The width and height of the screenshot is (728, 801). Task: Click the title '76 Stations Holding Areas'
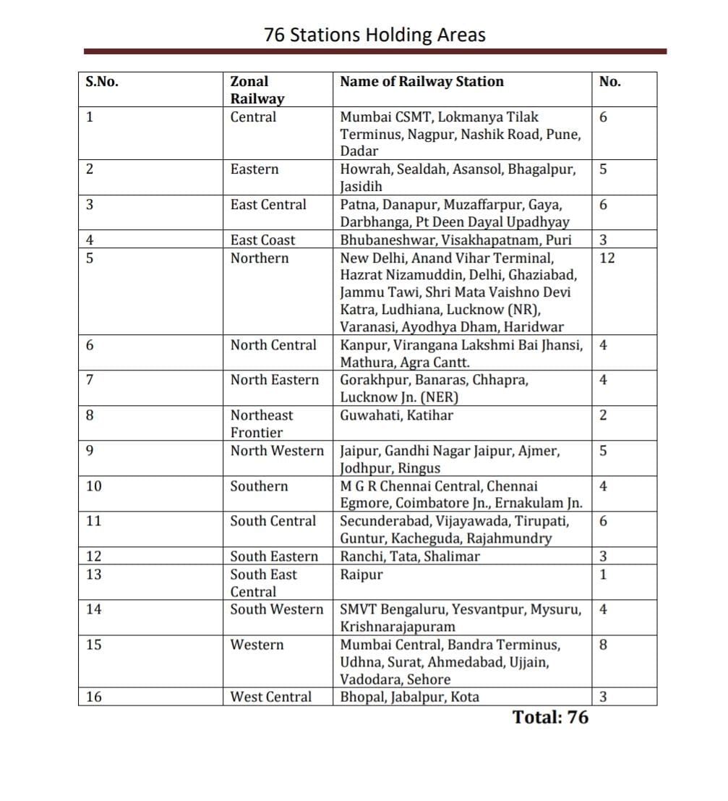pyautogui.click(x=374, y=35)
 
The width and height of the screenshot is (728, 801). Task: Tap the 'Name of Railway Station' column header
pyautogui.click(x=421, y=82)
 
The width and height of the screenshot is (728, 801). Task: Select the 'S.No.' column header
pyautogui.click(x=102, y=82)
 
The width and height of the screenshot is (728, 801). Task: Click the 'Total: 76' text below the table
pyautogui.click(x=550, y=717)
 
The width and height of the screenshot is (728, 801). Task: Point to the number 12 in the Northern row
pyautogui.click(x=607, y=258)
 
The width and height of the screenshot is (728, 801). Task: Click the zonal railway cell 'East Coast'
pyautogui.click(x=263, y=240)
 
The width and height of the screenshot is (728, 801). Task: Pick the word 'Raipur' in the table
pyautogui.click(x=361, y=575)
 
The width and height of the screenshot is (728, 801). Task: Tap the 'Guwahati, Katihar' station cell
pyautogui.click(x=397, y=415)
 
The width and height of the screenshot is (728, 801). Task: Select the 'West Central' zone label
pyautogui.click(x=271, y=698)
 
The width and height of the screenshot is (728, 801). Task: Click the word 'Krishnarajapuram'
pyautogui.click(x=398, y=627)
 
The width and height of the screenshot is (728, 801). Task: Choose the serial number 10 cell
pyautogui.click(x=94, y=486)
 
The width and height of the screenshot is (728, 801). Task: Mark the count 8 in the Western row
pyautogui.click(x=604, y=645)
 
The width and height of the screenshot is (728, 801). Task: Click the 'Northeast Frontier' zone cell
pyautogui.click(x=262, y=424)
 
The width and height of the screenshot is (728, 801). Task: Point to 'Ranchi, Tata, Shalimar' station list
pyautogui.click(x=410, y=556)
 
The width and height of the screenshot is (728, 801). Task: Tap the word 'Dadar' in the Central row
pyautogui.click(x=359, y=151)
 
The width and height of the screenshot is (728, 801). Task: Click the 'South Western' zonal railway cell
pyautogui.click(x=277, y=609)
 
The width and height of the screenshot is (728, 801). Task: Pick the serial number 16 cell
pyautogui.click(x=94, y=698)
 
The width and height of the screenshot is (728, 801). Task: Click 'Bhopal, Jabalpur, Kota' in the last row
pyautogui.click(x=409, y=698)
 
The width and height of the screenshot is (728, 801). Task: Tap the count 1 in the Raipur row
pyautogui.click(x=603, y=575)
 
